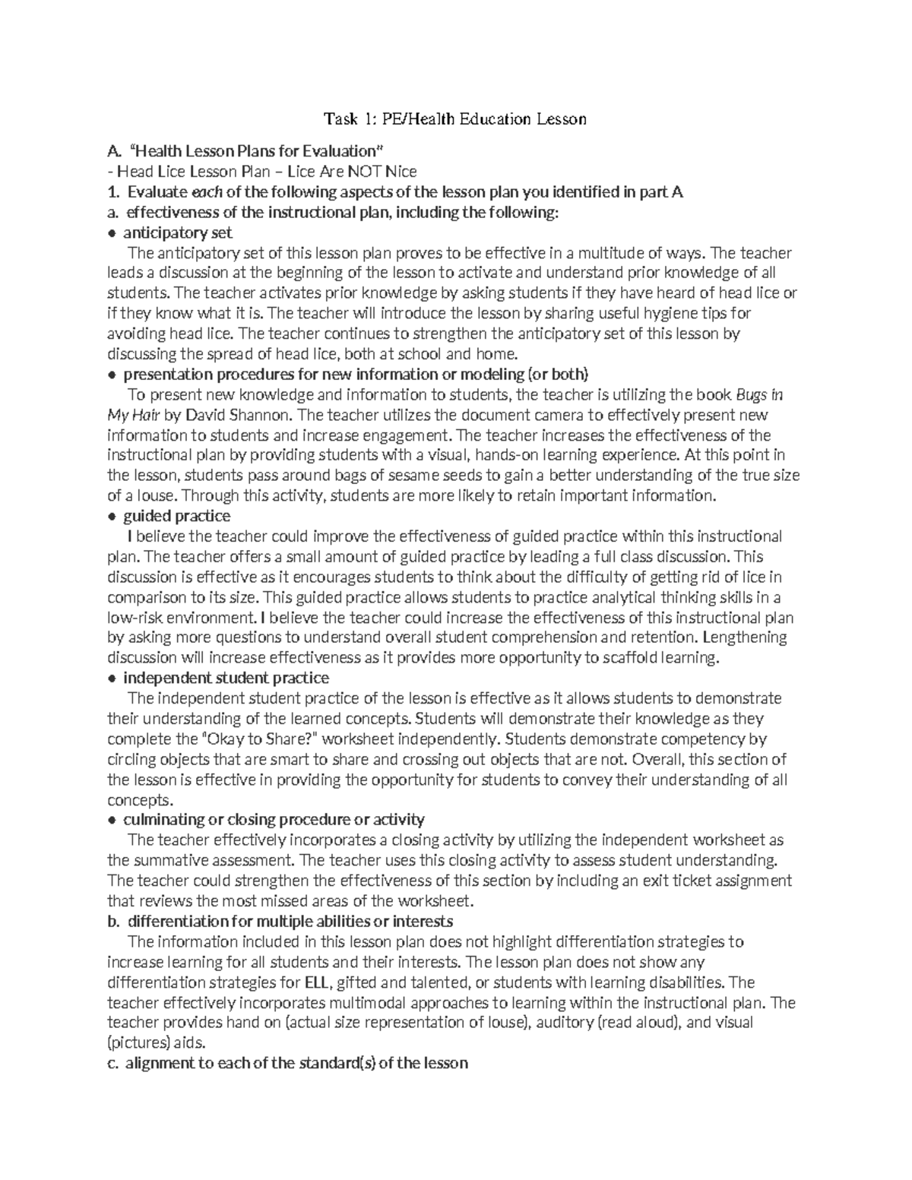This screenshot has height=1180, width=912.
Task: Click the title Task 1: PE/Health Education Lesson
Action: [455, 119]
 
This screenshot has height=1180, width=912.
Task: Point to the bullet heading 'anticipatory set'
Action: [178, 233]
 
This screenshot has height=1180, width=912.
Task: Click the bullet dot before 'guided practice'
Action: [112, 517]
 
